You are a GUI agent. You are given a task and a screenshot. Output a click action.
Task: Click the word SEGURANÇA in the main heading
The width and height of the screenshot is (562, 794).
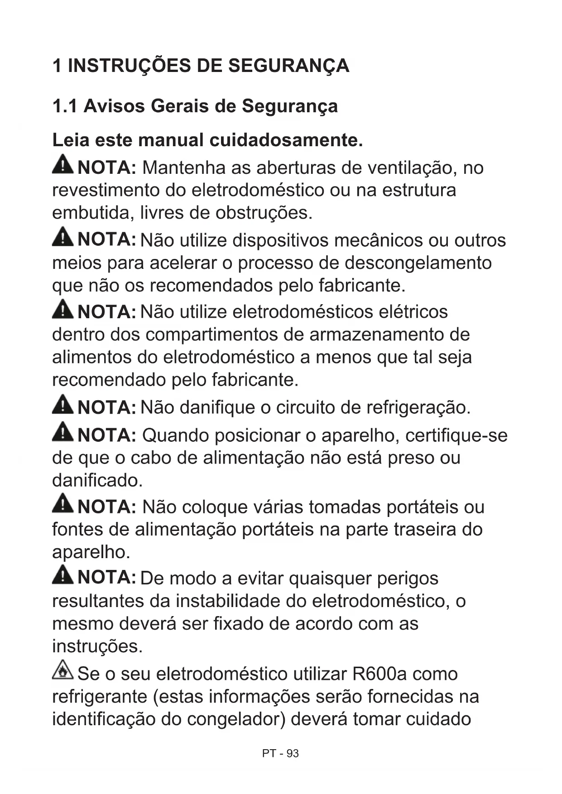click(x=288, y=66)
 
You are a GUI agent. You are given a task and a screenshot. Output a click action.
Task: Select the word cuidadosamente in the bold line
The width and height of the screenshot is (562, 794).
click(x=286, y=140)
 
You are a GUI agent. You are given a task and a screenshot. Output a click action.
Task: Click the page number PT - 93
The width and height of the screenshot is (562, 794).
click(x=280, y=753)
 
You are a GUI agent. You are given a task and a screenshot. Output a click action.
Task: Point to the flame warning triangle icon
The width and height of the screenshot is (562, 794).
click(x=63, y=670)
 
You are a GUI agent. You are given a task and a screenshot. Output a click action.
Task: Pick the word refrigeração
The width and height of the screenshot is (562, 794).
click(x=418, y=407)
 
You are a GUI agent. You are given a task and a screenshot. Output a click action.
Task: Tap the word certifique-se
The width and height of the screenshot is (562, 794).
click(x=456, y=435)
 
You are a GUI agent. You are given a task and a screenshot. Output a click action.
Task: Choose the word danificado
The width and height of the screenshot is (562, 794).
click(x=97, y=480)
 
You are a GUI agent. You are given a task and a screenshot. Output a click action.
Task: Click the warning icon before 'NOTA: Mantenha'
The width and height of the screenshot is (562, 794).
click(x=63, y=164)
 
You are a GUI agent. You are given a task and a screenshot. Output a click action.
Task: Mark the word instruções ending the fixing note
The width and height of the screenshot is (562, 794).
click(x=97, y=646)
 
